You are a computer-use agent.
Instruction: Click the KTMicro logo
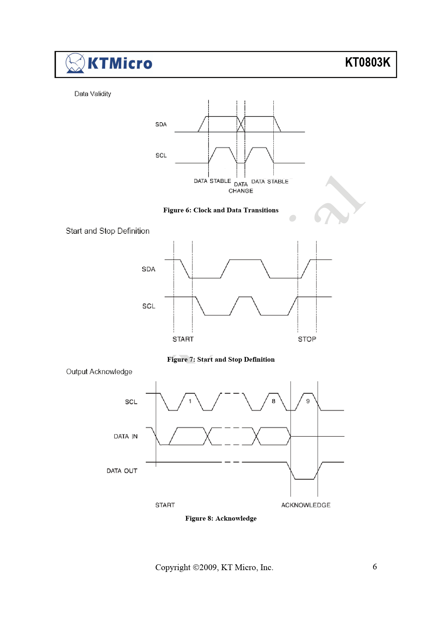(109, 63)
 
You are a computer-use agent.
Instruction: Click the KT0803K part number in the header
(368, 62)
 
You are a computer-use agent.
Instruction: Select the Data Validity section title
(93, 94)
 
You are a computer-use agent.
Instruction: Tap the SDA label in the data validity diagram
(161, 124)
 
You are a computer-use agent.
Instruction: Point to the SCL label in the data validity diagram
(161, 155)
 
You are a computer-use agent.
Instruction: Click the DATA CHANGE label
(241, 187)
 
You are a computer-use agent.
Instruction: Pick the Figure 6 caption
(221, 210)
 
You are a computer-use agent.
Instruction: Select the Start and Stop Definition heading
(108, 231)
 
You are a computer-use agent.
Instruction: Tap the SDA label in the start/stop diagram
(149, 269)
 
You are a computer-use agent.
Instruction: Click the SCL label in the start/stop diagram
(149, 306)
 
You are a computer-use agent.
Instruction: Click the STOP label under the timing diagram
(307, 339)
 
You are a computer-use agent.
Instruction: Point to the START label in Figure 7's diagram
(183, 339)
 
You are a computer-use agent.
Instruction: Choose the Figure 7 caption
(221, 360)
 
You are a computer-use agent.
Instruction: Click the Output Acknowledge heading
(99, 372)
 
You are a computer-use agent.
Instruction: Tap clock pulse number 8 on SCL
(273, 401)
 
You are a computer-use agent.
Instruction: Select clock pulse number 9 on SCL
(308, 401)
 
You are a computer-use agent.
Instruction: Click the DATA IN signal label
(126, 437)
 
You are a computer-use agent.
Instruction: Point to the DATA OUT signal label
(122, 471)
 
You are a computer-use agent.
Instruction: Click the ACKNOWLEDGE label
(306, 505)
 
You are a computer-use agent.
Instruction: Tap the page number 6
(375, 567)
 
